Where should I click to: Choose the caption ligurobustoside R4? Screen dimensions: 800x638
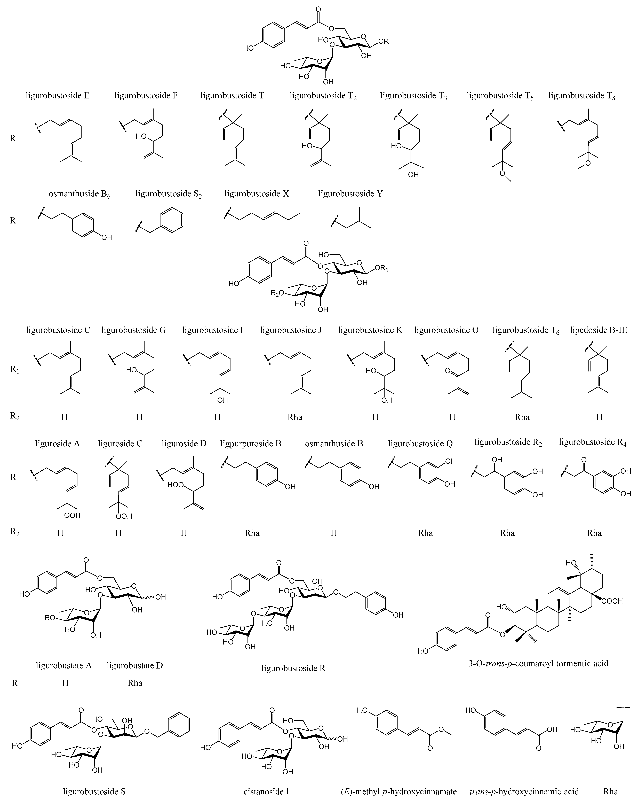(592, 442)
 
